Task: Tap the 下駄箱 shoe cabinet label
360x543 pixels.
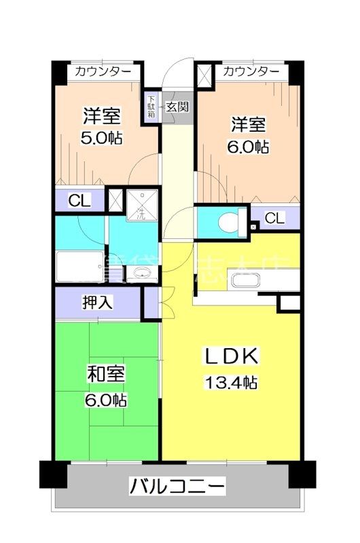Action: click(x=151, y=106)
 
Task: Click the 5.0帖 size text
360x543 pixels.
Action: click(x=101, y=138)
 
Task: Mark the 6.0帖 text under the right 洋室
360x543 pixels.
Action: click(x=248, y=146)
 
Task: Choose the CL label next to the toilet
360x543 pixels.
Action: click(x=274, y=218)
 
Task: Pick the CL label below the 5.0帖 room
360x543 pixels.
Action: click(x=79, y=200)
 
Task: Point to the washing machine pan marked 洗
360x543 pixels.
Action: click(x=141, y=206)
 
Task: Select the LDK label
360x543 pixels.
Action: click(x=231, y=356)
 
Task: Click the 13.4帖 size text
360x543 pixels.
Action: click(x=231, y=383)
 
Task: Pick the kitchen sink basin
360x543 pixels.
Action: click(x=243, y=280)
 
